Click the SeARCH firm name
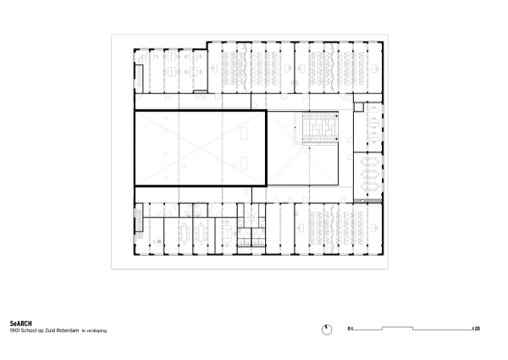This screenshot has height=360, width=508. coord(21,323)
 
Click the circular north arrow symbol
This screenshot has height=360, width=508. coord(326,328)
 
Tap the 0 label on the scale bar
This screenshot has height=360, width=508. coord(349,328)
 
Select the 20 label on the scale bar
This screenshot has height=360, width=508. coord(477,328)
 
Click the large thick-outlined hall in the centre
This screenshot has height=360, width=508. coord(201,149)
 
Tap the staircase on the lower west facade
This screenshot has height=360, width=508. coord(137,224)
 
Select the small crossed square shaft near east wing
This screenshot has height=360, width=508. coord(358,108)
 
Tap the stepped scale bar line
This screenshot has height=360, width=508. coord(412,328)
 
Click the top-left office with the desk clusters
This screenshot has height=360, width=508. coord(169,75)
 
